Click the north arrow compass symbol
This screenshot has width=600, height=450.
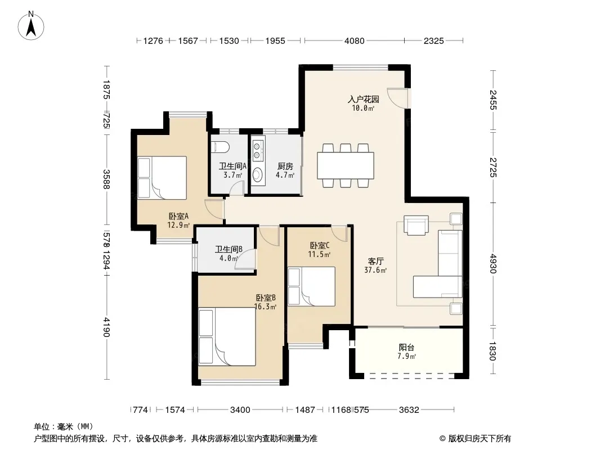coord(31,26)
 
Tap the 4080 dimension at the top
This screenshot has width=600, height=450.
coord(355,40)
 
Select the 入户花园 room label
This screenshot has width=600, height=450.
coord(364,100)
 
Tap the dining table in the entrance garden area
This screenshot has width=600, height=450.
coord(346,165)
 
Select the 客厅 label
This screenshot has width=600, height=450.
coord(376,262)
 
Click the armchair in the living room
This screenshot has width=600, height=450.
coord(416,225)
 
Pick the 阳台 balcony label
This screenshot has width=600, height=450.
coord(406,348)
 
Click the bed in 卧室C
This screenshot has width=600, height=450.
coord(311,286)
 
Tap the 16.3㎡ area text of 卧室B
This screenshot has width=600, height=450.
coord(265,307)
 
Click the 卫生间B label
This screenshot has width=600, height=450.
coord(229,250)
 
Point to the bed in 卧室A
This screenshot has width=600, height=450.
coord(162,177)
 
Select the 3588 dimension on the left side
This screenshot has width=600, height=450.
coord(107,179)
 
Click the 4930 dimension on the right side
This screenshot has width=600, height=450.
coord(493,264)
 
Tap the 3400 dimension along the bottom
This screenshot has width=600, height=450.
coord(240,410)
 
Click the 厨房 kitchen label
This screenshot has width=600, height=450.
coord(285,166)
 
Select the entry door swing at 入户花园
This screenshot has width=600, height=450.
coord(397,98)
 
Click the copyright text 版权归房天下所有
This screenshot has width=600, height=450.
coord(479,439)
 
